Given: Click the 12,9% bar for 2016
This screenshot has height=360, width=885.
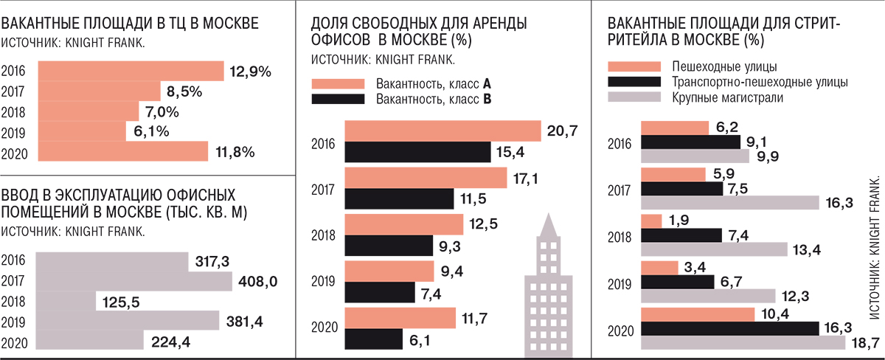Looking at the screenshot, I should pos(130,71).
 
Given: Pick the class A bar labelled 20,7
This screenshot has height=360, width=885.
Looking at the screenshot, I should pos(442,131).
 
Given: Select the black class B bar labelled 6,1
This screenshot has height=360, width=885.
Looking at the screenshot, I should pos(373,339).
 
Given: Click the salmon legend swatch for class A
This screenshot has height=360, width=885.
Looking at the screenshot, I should pos(339,83).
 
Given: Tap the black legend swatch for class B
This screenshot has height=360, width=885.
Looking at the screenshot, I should pos(339,98).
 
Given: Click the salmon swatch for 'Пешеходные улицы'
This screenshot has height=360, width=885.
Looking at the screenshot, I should pos(634,66).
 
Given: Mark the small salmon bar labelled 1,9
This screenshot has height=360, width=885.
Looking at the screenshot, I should pos(651,221).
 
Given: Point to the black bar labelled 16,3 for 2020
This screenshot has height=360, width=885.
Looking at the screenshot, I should pos(740,328).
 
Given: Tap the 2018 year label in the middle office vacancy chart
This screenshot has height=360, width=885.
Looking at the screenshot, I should pos(325,235).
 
